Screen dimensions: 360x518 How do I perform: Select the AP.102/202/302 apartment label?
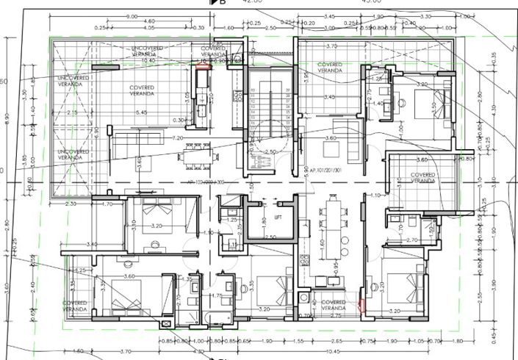[194, 181]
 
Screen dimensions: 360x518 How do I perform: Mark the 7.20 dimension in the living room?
[176, 137]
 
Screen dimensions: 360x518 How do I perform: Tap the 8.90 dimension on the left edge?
[6, 116]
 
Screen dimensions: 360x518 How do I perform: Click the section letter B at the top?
[223, 4]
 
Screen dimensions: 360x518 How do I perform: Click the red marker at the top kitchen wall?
[201, 64]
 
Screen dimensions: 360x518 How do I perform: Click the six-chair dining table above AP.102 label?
[196, 154]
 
